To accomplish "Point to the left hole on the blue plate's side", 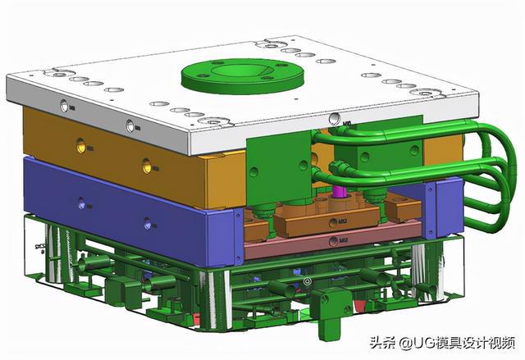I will pyautogui.click(x=80, y=205).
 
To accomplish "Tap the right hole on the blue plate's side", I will pyautogui.click(x=147, y=223).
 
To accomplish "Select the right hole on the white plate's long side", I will pyautogui.click(x=129, y=125).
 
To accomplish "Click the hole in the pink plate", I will pyautogui.click(x=331, y=241).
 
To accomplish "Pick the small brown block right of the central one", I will pyautogui.click(x=403, y=211).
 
